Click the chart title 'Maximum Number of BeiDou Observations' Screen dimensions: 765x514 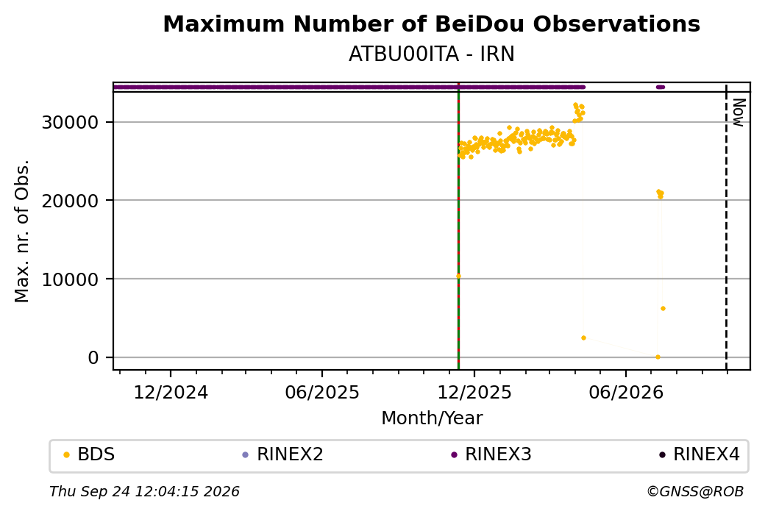tap(431, 24)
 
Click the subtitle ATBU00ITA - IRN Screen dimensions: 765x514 tap(431, 54)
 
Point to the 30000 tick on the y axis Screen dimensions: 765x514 tap(71, 122)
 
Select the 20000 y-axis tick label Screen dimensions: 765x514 tap(71, 201)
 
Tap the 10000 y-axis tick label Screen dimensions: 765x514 tap(71, 279)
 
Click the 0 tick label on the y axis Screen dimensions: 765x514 tap(93, 357)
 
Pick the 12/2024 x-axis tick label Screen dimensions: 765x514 tap(171, 393)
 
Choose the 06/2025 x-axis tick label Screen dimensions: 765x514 tap(322, 393)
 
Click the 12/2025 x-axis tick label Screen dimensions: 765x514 tap(474, 393)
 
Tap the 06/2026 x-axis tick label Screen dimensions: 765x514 tap(626, 393)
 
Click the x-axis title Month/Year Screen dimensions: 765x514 tap(432, 418)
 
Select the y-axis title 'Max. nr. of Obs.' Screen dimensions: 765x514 tap(22, 231)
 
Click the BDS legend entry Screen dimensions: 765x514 tap(89, 454)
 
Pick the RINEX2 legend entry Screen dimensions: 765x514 tap(283, 454)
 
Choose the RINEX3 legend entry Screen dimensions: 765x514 tap(491, 454)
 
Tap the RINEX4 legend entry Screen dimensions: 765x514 tap(700, 454)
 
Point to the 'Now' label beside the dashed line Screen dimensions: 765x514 tap(739, 113)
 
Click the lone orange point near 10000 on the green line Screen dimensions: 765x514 tap(458, 276)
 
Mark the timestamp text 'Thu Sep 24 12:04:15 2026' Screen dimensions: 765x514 tap(144, 491)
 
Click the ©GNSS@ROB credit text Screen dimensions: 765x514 tap(695, 491)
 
